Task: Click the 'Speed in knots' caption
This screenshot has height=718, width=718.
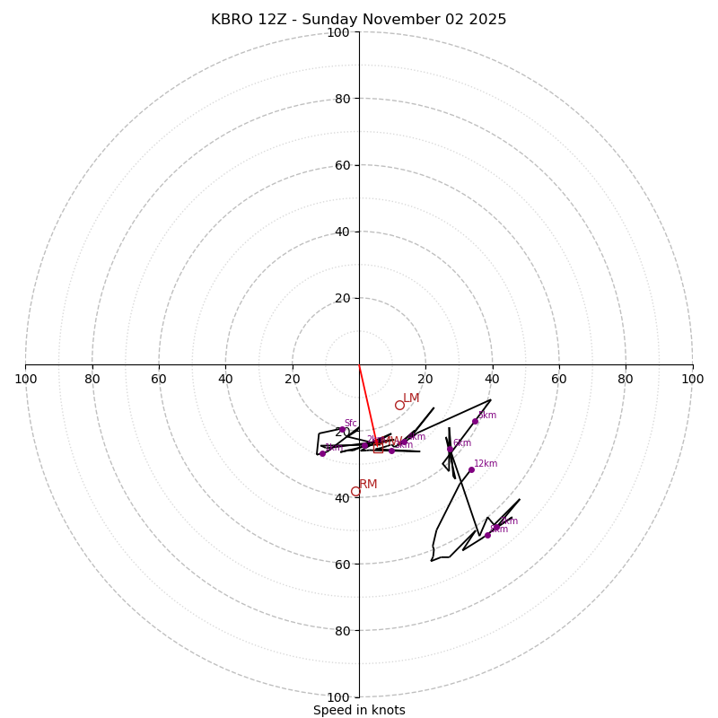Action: coord(359,710)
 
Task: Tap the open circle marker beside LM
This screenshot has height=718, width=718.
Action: coord(399,405)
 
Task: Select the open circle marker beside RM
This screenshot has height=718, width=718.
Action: coord(355,491)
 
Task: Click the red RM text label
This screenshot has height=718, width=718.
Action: coord(368,485)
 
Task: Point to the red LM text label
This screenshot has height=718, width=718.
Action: coord(411,398)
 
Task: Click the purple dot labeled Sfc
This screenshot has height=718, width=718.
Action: coord(343,430)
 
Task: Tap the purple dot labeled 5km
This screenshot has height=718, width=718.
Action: coord(475,421)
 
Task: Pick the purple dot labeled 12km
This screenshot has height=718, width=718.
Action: coord(471,469)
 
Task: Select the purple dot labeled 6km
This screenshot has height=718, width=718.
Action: coord(451,449)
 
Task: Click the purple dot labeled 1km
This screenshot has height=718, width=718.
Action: coord(322,453)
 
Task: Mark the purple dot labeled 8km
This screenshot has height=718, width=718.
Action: coord(487,535)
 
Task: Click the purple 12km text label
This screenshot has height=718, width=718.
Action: coord(486,463)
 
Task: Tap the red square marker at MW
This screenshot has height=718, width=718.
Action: coord(378,448)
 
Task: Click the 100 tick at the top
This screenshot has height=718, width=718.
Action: coord(337,33)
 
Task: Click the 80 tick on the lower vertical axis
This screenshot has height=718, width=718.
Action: coord(337,631)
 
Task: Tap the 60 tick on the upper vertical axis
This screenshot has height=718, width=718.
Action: coord(342,165)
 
